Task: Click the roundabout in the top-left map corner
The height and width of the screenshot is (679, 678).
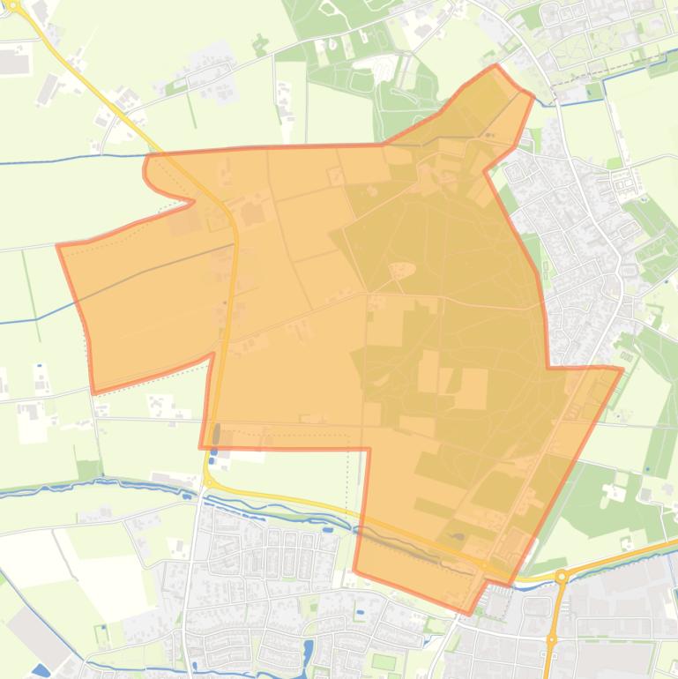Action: coord(12,4)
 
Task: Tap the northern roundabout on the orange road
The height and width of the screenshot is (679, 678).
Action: coord(562,577)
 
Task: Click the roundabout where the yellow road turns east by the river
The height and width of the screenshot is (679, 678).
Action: coord(210,481)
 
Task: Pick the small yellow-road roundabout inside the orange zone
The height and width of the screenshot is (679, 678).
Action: coord(485,565)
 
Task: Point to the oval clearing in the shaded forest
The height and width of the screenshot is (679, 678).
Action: coord(403,269)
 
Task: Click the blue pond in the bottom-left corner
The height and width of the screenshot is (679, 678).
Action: coord(40,670)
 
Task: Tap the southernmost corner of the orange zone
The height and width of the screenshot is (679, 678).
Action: coord(470,613)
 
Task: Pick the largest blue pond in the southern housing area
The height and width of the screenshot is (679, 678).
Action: coord(308,653)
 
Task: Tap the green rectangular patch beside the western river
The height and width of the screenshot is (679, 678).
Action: coord(89,469)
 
